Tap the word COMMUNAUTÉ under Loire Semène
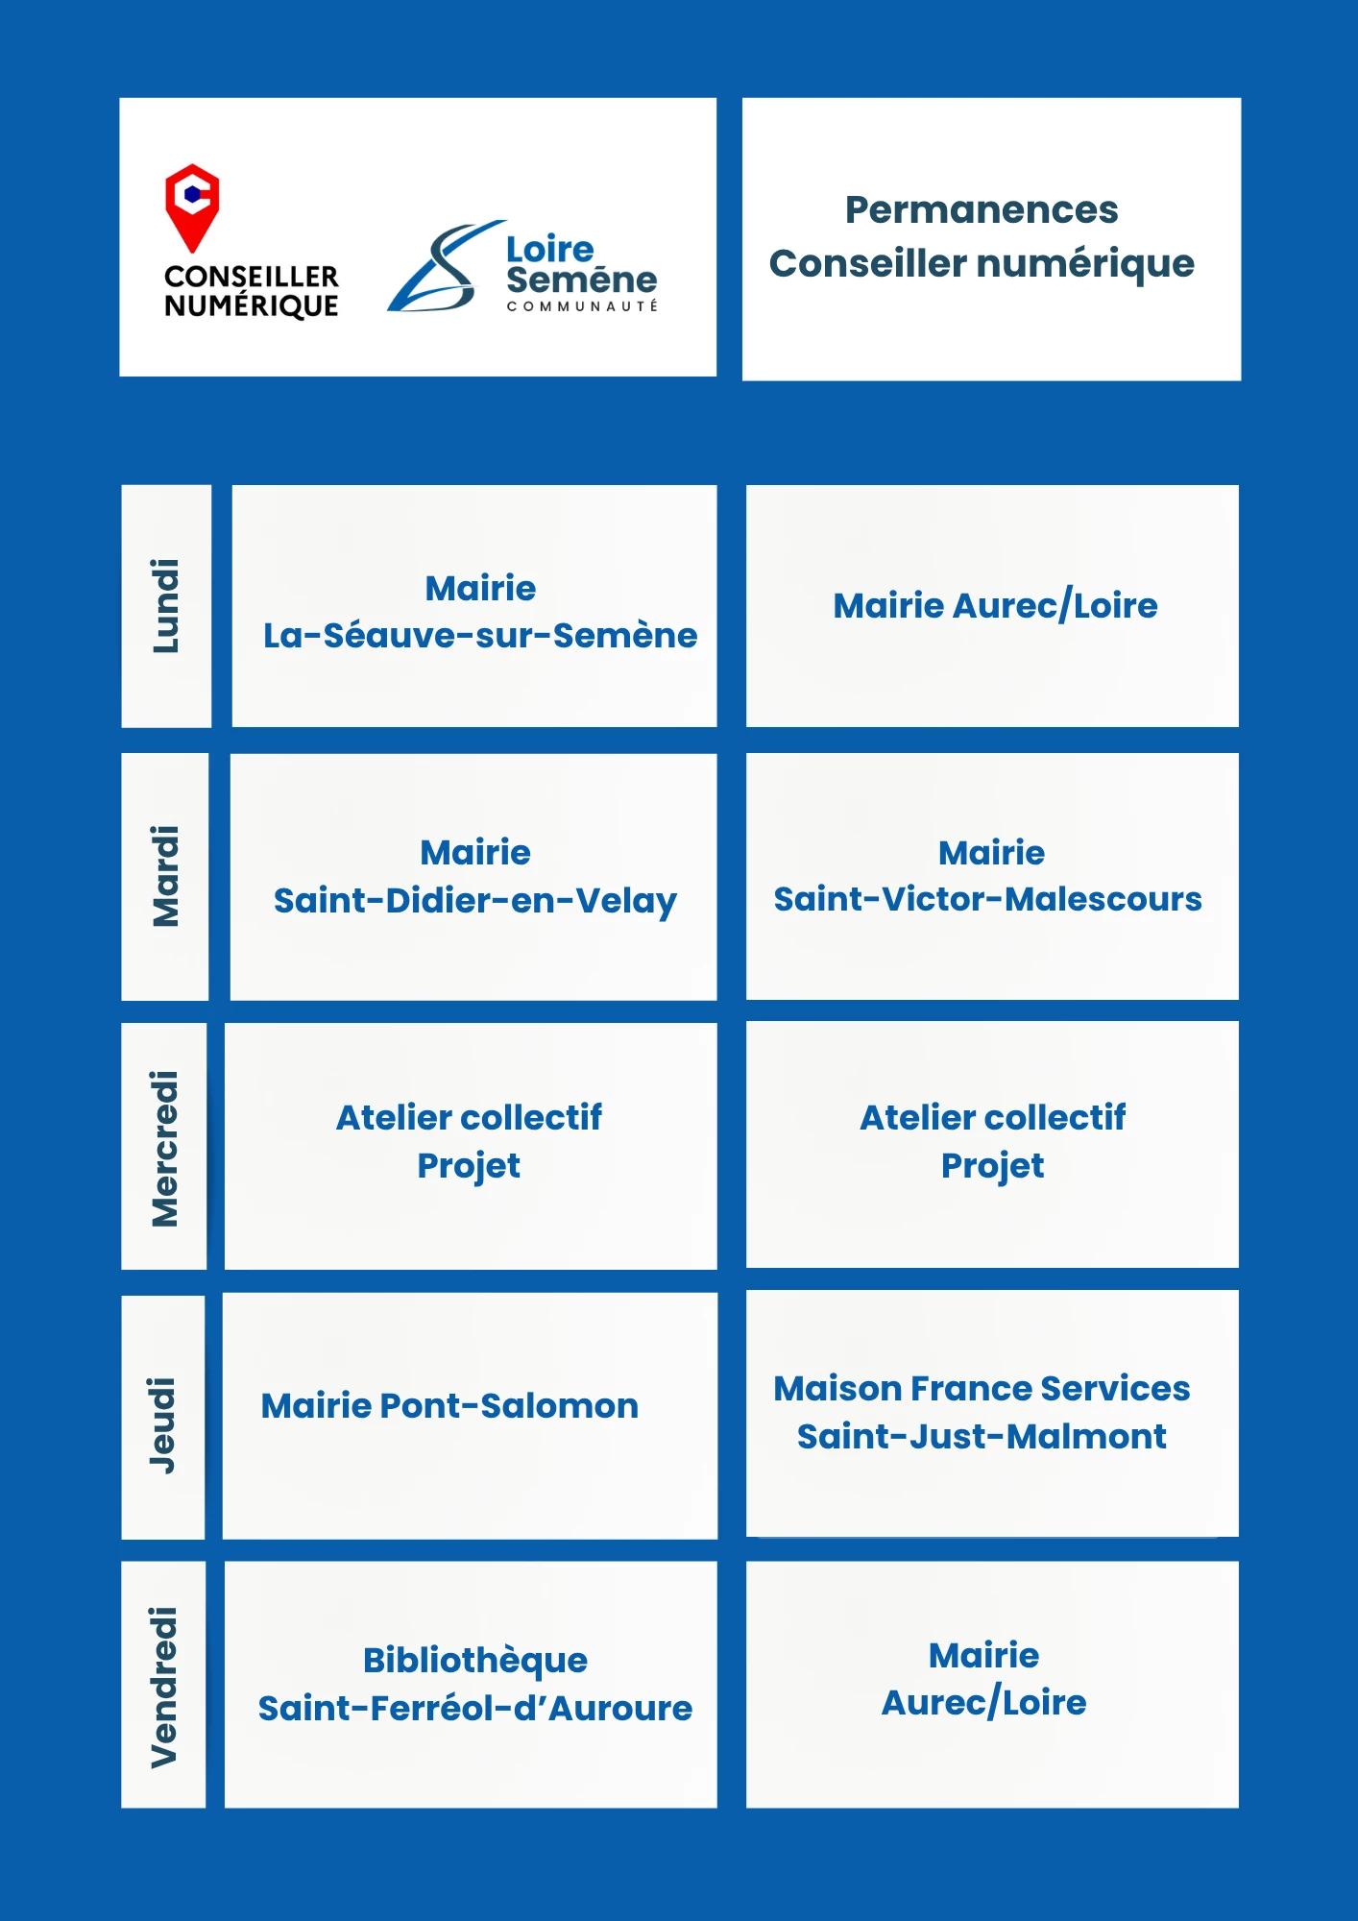tap(582, 306)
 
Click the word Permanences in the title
tap(982, 210)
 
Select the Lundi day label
tap(166, 606)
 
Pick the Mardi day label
tap(165, 876)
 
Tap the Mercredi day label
tap(164, 1149)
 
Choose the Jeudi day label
tap(162, 1424)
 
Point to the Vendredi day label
tap(163, 1687)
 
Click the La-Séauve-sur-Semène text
tap(480, 636)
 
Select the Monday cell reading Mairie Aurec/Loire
tap(995, 606)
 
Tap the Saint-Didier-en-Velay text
tap(475, 901)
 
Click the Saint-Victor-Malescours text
tap(988, 899)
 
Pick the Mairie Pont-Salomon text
tap(449, 1406)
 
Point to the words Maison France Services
tap(982, 1389)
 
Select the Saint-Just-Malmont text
tap(982, 1437)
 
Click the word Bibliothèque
tap(475, 1661)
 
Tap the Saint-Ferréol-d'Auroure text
tap(475, 1709)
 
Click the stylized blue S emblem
tap(446, 266)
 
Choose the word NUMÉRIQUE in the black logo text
tap(252, 306)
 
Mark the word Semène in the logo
tap(582, 280)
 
